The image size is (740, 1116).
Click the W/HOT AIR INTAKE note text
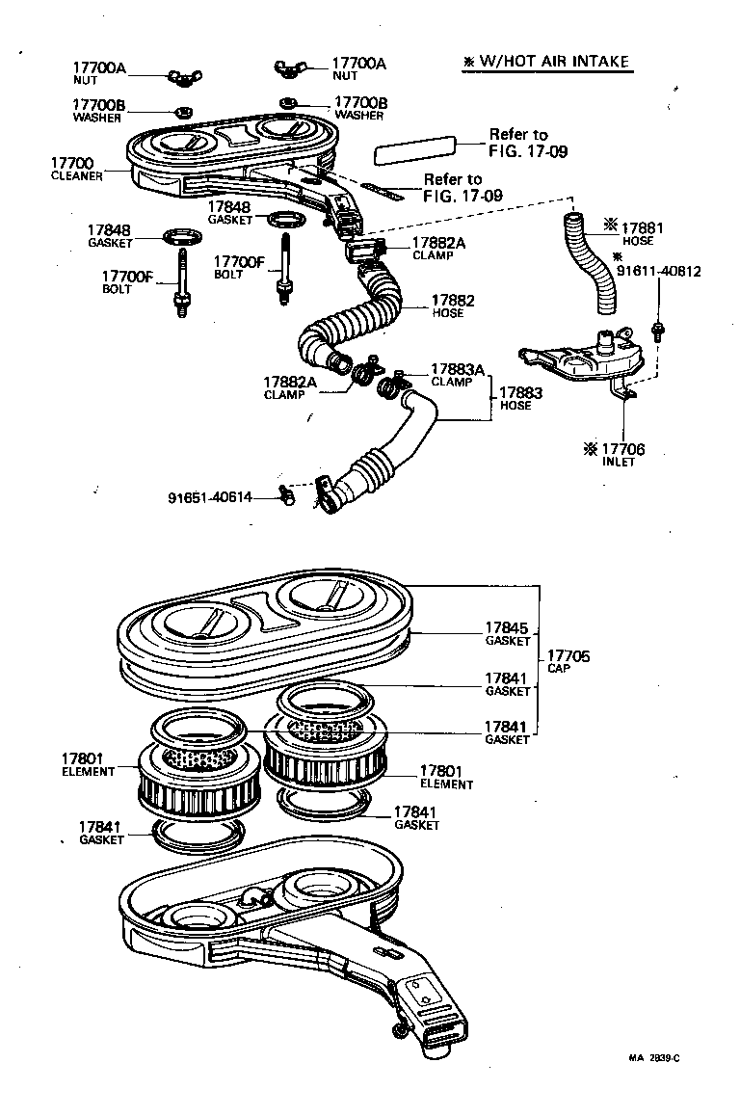coord(546,62)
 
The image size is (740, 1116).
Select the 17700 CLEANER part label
coord(78,170)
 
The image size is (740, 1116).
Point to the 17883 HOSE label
coord(520,399)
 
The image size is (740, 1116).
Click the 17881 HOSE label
coord(636,233)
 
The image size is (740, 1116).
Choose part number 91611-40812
coord(658,272)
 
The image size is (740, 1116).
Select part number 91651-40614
coord(210,497)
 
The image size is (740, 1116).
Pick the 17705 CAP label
coord(569,663)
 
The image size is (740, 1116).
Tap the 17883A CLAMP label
coord(457,375)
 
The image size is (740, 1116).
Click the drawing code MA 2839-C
coord(654,1057)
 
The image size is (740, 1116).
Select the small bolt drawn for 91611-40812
coord(659,332)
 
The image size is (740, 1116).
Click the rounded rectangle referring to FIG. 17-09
coord(414,149)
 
